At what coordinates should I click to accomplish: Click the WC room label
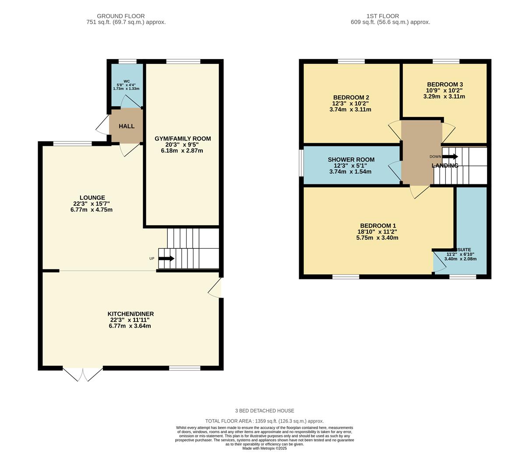coord(127,81)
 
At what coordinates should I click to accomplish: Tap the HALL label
coord(127,127)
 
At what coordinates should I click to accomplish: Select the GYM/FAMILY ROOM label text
coord(183,139)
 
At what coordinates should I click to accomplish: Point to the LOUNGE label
coord(92,198)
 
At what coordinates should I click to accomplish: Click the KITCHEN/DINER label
coord(130,314)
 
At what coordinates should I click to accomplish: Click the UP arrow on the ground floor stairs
coord(166,258)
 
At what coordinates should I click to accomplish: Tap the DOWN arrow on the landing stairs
coord(450,157)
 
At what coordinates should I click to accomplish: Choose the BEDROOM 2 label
coord(351,98)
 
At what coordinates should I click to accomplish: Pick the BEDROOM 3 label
coord(445,85)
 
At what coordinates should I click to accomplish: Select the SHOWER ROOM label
coord(351,159)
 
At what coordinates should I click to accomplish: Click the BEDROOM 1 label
coord(378,226)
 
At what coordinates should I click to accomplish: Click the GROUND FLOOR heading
coord(120,16)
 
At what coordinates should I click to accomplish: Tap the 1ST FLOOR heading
coord(383,16)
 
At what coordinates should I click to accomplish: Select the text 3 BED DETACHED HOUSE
coord(264,410)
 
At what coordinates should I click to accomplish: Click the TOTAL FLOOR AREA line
coord(264,421)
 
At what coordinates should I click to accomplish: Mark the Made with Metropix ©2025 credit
coord(264,448)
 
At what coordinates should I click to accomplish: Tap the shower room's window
coord(301,163)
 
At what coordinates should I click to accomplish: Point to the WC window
coord(127,62)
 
